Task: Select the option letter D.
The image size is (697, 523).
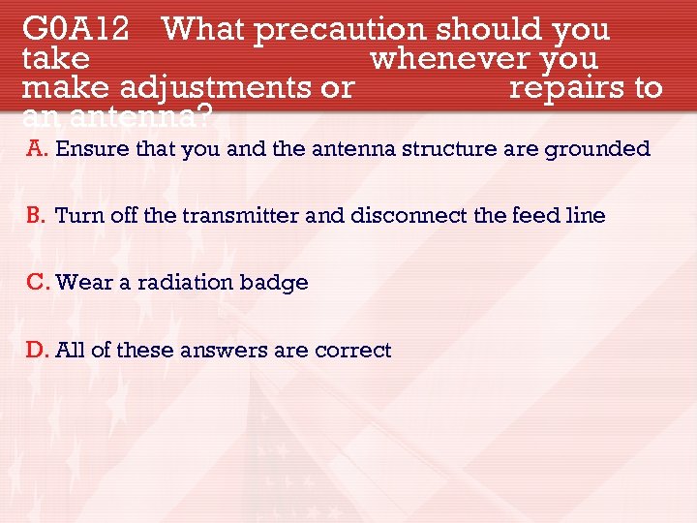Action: (37, 350)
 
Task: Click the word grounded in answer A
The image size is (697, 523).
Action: (598, 149)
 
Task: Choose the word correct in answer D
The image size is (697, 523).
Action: (353, 350)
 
